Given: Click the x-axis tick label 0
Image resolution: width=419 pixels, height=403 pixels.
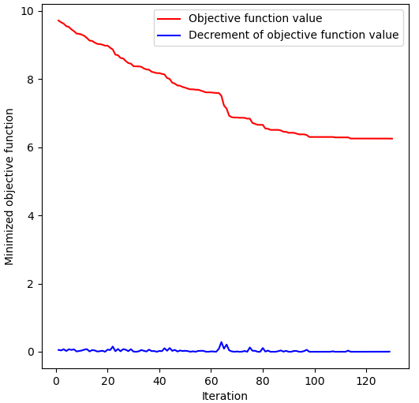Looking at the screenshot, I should tap(55, 382).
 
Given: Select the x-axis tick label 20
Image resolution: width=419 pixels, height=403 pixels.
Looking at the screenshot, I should tap(107, 382).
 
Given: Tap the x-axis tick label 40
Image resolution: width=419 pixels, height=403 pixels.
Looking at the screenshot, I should tap(159, 382).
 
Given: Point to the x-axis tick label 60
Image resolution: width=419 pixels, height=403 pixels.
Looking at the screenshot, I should tap(211, 382).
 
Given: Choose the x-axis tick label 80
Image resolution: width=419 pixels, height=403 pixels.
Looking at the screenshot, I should tap(263, 382).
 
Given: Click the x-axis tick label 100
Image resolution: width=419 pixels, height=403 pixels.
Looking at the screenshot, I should tap(315, 382).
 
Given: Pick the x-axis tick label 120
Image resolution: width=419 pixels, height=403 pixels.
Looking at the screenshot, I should tap(366, 382).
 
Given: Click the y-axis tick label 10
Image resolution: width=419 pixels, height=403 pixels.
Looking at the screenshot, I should tap(27, 11).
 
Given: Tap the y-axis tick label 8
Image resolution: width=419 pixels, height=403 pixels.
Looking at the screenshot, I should tap(30, 80).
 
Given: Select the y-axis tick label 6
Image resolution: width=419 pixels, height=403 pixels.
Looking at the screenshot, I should tap(30, 147).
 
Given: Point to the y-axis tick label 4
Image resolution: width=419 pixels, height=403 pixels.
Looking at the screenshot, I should tap(30, 216).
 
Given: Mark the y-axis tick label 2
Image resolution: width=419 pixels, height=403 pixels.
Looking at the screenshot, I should tap(30, 284).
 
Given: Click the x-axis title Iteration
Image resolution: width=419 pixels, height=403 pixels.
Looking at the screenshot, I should tap(225, 396).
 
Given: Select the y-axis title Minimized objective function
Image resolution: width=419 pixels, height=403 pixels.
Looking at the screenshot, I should tap(10, 187).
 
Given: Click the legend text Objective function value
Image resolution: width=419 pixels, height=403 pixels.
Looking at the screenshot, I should tap(255, 19).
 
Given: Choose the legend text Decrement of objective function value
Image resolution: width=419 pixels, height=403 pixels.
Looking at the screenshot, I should tap(294, 35).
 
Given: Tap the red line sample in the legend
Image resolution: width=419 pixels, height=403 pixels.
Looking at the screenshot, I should tap(170, 19).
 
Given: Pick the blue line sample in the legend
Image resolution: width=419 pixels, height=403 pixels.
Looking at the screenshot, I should tap(170, 35).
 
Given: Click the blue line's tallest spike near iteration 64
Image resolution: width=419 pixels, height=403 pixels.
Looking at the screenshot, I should tap(221, 342).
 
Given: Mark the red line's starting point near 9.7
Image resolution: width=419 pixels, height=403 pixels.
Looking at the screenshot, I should tap(58, 21).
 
